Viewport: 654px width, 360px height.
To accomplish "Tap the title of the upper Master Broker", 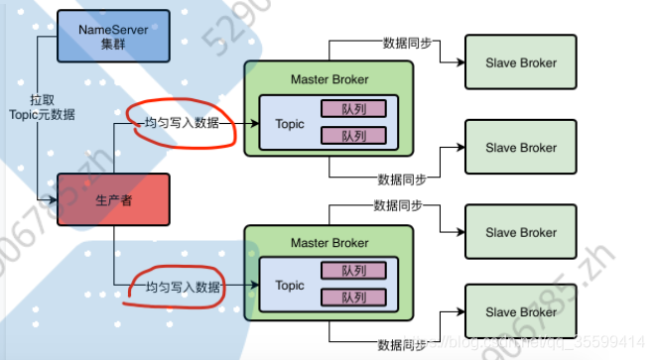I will point(328,79).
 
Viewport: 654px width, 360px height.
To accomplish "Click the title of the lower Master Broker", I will point(328,243).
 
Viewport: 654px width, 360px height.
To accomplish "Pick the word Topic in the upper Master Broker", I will point(290,124).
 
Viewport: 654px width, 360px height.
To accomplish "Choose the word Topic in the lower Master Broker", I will point(290,286).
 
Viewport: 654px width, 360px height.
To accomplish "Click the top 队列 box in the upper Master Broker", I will point(353,111).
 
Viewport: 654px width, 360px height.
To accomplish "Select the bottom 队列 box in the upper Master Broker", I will point(353,136).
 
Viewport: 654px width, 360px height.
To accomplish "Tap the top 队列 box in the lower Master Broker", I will point(353,273).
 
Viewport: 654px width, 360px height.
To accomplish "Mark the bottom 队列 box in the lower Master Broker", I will point(353,298).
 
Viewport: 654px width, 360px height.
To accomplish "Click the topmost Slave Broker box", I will point(521,62).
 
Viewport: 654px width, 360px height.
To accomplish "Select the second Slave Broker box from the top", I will point(521,148).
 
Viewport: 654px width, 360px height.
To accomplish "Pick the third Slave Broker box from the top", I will point(521,233).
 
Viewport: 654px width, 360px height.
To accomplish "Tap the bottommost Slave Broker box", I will point(521,313).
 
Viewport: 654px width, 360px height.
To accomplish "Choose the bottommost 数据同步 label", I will point(403,344).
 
